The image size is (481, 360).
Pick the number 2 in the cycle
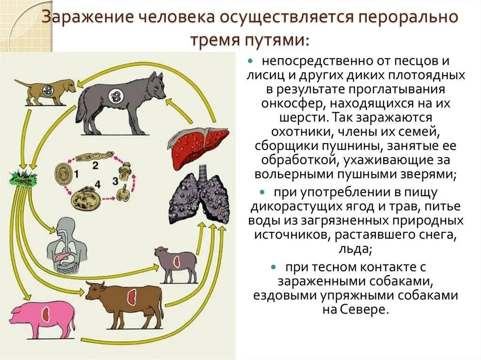click(95, 165)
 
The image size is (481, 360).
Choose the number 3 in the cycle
click(114, 181)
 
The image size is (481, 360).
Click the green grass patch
click(22, 177)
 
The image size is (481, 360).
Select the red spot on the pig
click(46, 314)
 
